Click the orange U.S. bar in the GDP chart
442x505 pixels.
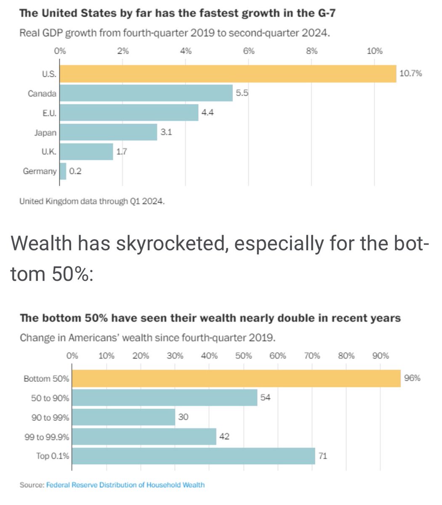pos(227,74)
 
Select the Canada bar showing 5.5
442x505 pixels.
pos(146,93)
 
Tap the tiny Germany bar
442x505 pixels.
pos(63,171)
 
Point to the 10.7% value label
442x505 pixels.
pos(410,74)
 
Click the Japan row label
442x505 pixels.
pos(45,133)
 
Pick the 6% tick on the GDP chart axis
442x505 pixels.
pos(249,51)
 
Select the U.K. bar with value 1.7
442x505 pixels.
pos(86,152)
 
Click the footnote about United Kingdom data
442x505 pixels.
pos(92,201)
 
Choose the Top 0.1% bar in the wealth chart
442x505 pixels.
pos(193,456)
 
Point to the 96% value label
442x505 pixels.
pos(412,378)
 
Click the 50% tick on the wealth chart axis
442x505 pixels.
pos(243,356)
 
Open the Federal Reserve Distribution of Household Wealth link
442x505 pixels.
pos(125,485)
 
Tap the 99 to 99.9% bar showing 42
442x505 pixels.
pos(144,436)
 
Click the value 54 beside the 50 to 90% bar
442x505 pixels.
pos(265,397)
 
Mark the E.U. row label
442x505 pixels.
pos(49,113)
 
